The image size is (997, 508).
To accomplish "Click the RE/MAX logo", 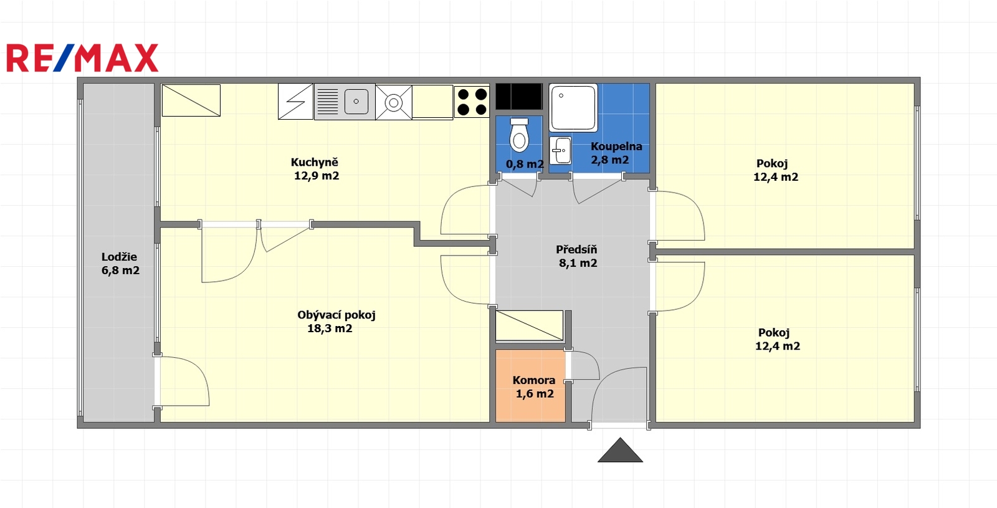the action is point(82,58).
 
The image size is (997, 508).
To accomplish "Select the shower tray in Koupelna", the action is point(573,108).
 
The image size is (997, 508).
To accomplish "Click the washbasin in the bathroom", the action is point(561,150).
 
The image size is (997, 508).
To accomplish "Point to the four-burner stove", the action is point(472,102).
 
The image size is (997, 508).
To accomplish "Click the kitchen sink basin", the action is point(356,102).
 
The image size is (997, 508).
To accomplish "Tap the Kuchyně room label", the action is point(314,162).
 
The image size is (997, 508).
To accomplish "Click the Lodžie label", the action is point(119,257).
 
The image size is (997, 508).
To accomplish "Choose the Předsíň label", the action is point(576,249).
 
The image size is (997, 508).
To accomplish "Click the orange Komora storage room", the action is point(530,386).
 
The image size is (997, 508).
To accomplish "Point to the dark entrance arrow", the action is point(620,450).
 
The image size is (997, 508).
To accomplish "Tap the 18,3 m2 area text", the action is point(330,328).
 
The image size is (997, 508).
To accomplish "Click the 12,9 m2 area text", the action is point(317,176).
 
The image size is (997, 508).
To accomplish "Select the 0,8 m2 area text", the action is point(525,165).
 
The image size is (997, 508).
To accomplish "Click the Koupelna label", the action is point(616,146).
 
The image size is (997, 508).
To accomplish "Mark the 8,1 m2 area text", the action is point(578,263).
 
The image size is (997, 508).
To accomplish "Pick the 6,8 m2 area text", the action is point(120,271).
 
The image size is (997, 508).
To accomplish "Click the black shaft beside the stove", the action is point(519,97).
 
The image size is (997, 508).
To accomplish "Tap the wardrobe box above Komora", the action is point(529,326).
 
